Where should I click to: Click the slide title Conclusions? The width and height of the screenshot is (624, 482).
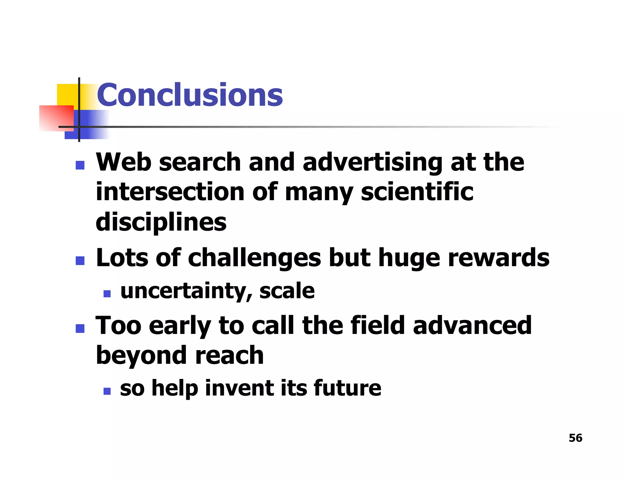(x=190, y=95)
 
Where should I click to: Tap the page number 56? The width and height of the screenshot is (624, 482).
(x=575, y=438)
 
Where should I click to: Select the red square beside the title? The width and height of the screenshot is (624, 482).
(x=56, y=118)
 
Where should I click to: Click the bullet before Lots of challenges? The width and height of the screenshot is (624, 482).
(x=80, y=260)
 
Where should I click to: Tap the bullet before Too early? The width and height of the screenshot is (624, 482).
(x=80, y=328)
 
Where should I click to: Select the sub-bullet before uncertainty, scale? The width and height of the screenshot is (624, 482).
(x=107, y=293)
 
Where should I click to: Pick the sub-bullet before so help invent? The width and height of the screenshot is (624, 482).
(x=107, y=391)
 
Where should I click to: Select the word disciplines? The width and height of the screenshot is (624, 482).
(x=161, y=222)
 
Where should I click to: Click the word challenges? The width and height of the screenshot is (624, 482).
(x=254, y=258)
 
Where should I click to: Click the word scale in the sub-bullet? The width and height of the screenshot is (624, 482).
(x=287, y=291)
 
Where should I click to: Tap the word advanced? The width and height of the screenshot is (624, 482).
(x=472, y=325)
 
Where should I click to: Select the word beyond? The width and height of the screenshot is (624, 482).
(x=141, y=356)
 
